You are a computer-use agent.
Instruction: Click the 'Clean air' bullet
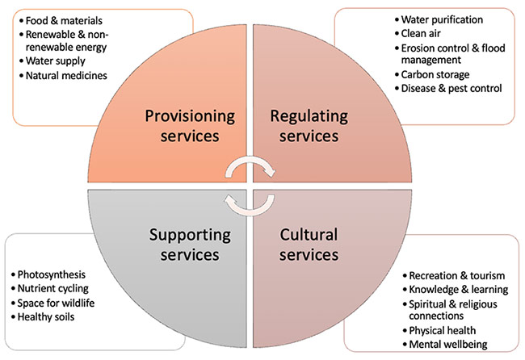(422, 33)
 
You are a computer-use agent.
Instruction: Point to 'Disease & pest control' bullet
(451, 88)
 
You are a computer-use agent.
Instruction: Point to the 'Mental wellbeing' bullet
(446, 345)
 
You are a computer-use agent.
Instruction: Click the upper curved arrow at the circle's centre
(250, 167)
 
